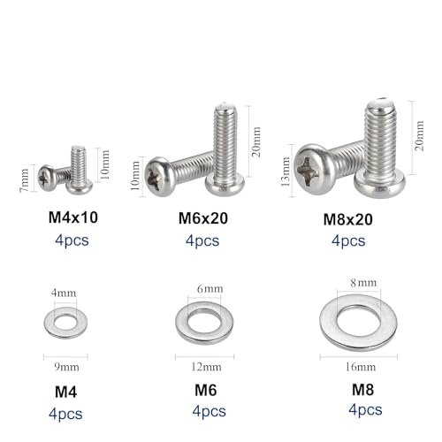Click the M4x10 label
tap(73, 217)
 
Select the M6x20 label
tap(203, 218)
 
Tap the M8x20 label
tap(348, 219)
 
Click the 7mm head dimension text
tap(25, 180)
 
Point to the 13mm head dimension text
tap(286, 171)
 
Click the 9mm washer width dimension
tap(66, 367)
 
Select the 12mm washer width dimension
tap(206, 367)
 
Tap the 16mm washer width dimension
tap(361, 367)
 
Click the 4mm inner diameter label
tap(64, 293)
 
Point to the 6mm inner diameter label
tap(210, 289)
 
